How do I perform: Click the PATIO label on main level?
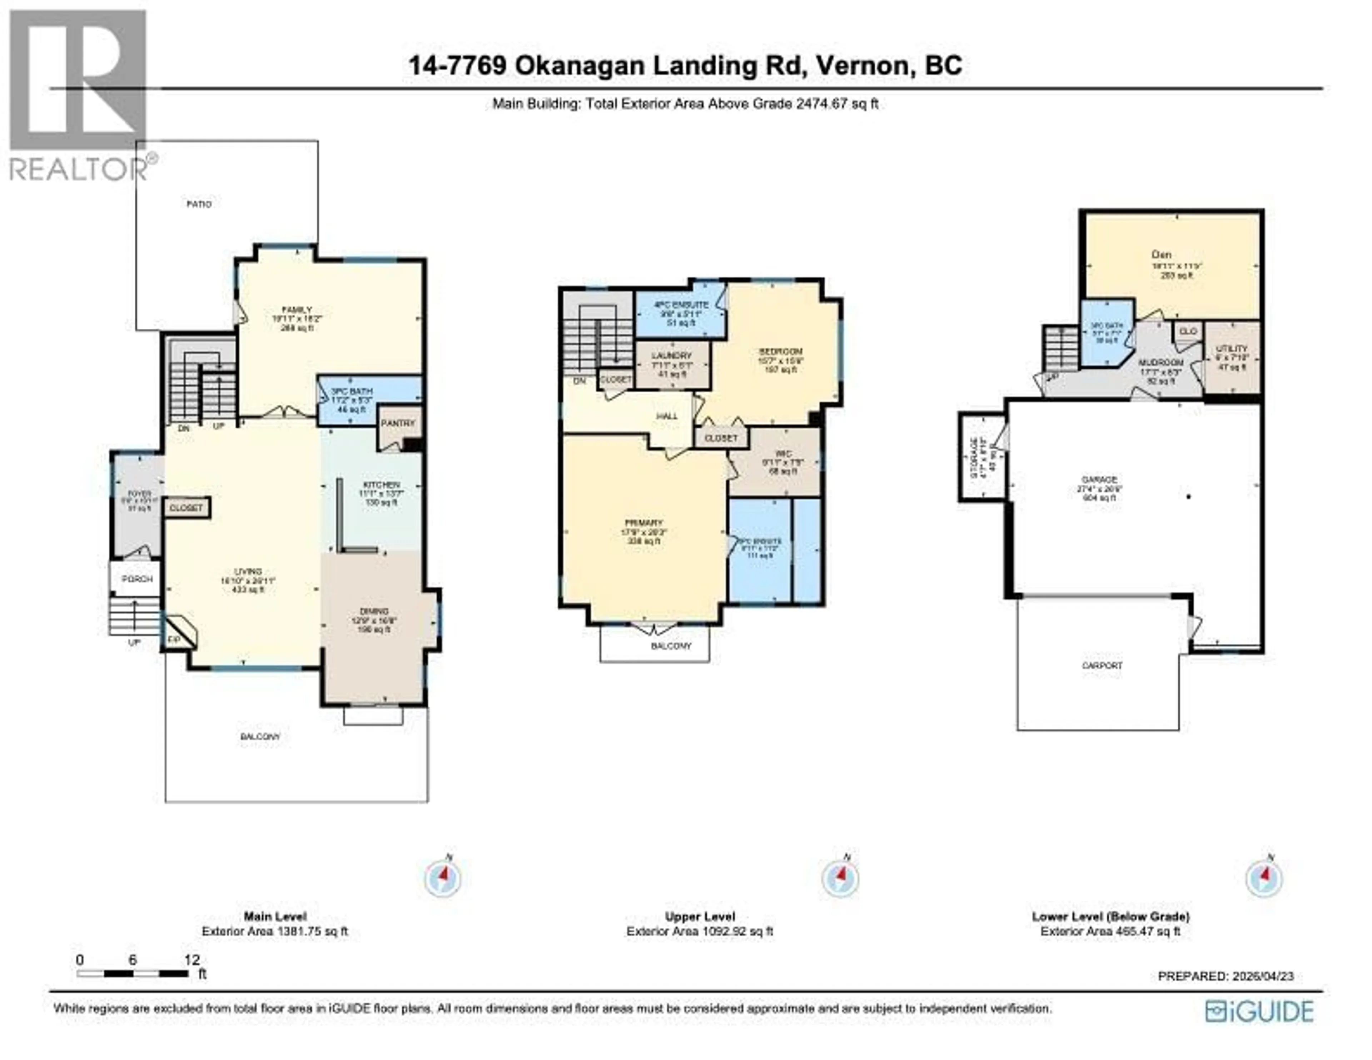click(x=199, y=204)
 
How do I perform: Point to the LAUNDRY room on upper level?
click(x=672, y=364)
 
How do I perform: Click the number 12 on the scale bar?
click(x=192, y=960)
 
